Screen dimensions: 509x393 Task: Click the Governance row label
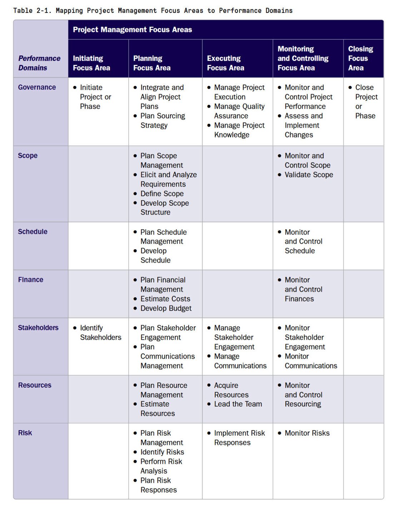37,87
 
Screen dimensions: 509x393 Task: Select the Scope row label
28,156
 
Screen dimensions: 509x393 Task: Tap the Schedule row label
33,232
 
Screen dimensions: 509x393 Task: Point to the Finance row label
30,280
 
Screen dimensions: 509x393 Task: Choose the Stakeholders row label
38,328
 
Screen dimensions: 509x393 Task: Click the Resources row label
35,385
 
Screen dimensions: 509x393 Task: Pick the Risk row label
25,433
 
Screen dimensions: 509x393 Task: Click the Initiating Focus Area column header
91,63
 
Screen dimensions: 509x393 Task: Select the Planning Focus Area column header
152,63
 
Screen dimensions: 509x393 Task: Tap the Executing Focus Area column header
225,63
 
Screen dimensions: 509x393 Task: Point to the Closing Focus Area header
360,58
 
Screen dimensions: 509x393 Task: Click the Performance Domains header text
39,63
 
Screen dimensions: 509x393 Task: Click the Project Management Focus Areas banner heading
132,30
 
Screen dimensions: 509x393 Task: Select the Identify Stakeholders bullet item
100,333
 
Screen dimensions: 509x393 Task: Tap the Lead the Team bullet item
238,404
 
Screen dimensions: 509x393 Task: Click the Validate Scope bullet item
309,175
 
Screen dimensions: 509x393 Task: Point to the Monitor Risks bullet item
307,433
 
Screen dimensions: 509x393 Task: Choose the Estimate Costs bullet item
165,299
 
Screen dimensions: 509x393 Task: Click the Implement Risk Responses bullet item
239,438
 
